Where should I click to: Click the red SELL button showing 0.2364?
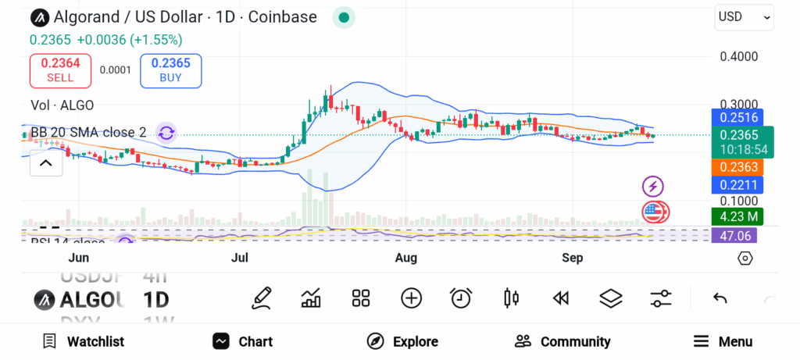[x=60, y=70]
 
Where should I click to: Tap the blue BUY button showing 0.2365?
[x=170, y=70]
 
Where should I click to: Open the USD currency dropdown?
[x=744, y=16]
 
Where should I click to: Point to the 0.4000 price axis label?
[x=738, y=56]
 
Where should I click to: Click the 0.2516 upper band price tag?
[x=737, y=117]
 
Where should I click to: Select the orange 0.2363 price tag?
[x=737, y=166]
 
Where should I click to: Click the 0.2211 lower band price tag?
[x=737, y=185]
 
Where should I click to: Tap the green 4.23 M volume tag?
[x=737, y=216]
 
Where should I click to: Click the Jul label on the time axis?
[x=240, y=258]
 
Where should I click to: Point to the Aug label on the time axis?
[x=405, y=258]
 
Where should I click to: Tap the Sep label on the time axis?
[x=573, y=258]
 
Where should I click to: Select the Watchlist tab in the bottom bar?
[x=83, y=341]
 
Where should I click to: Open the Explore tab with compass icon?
[x=402, y=341]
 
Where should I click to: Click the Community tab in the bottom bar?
[x=562, y=341]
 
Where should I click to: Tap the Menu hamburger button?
[x=723, y=341]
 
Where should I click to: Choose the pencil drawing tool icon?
[x=262, y=298]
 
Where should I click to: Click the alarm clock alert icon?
[x=461, y=298]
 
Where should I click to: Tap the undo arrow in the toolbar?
[x=720, y=298]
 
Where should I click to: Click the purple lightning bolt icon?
[x=652, y=187]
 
